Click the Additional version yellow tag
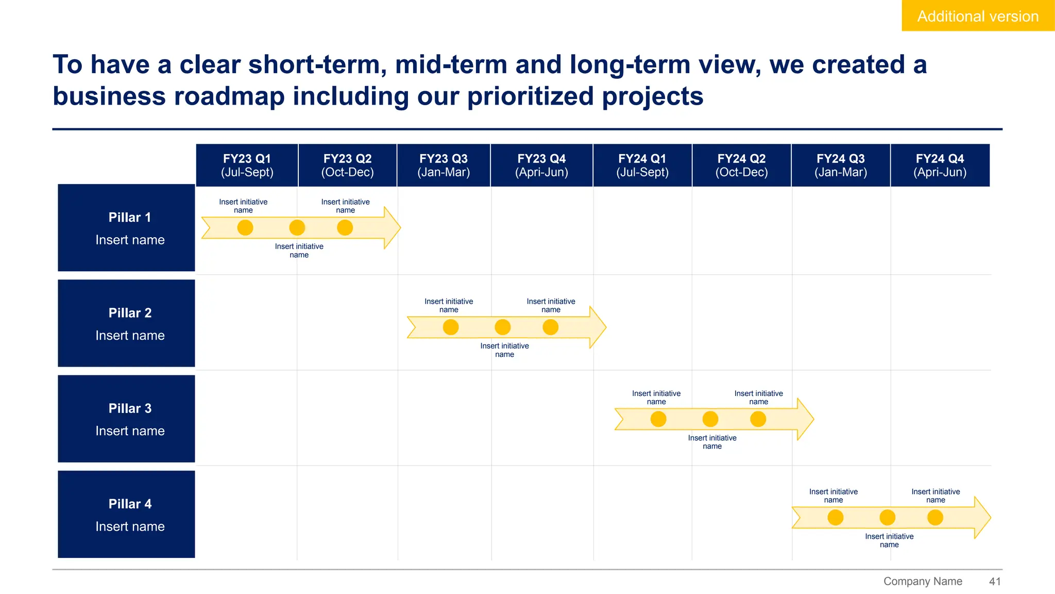[x=977, y=16]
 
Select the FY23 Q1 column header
[x=247, y=165]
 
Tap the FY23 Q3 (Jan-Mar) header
[x=444, y=165]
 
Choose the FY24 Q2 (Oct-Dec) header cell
[x=741, y=165]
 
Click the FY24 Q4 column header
[x=940, y=165]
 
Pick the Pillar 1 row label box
[x=126, y=227]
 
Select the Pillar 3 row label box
[x=126, y=419]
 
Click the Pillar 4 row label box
[x=126, y=514]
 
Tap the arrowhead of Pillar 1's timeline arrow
[x=392, y=227]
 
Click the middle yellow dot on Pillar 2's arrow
[x=502, y=327]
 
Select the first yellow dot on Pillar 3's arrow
[x=658, y=419]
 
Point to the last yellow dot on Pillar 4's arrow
[x=935, y=517]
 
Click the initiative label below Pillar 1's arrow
[x=299, y=251]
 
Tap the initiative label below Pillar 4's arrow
[x=889, y=540]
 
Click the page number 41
[x=995, y=581]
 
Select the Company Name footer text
[x=923, y=581]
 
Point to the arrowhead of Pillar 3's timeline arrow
[x=805, y=419]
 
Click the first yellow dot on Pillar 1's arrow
[x=245, y=227]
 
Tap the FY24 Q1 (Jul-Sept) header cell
[x=642, y=165]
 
